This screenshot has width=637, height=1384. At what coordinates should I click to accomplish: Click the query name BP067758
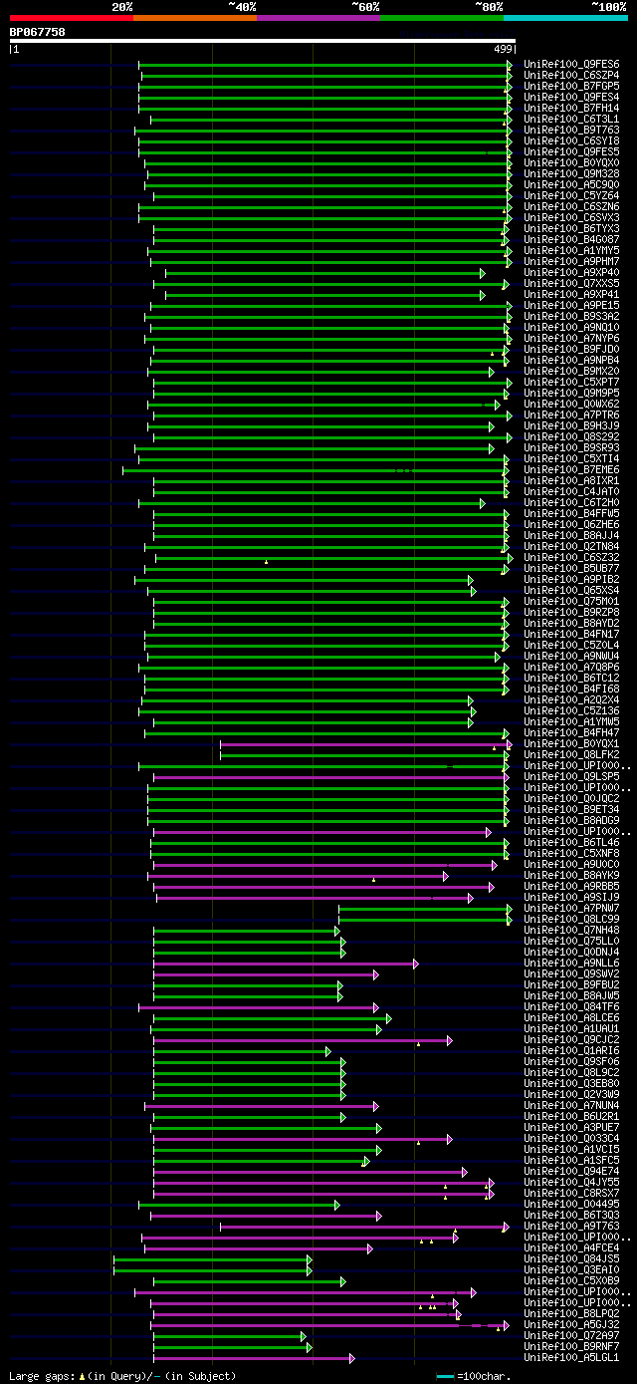[x=37, y=32]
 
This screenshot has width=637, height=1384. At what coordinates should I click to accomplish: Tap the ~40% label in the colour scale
[x=242, y=7]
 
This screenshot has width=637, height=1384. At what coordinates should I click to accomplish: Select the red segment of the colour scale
[x=71, y=18]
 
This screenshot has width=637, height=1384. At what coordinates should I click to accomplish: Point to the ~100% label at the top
[x=608, y=7]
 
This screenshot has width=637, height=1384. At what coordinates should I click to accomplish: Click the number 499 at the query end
[x=503, y=48]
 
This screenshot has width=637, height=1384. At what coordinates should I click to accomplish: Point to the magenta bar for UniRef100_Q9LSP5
[x=327, y=776]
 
